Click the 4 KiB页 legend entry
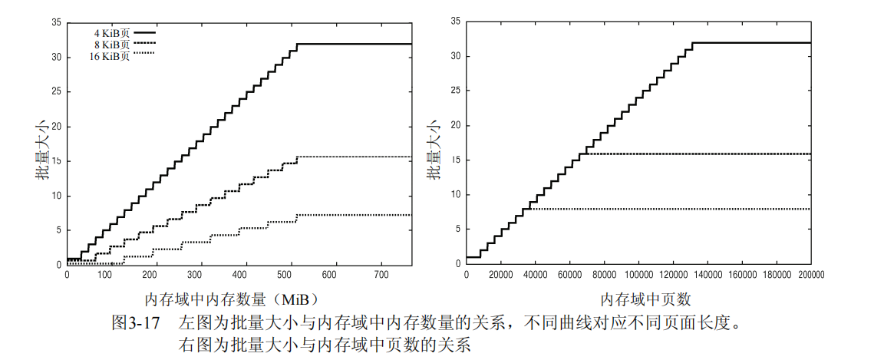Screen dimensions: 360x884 110,33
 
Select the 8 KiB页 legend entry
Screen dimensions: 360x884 110,45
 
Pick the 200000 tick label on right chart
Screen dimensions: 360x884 811,274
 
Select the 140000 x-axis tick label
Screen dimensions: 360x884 708,274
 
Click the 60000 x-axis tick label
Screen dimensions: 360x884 570,274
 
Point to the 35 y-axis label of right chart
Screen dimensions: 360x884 455,22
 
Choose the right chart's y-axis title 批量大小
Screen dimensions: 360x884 434,148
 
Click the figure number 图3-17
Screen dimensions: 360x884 136,322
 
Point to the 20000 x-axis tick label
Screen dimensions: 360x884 501,274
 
